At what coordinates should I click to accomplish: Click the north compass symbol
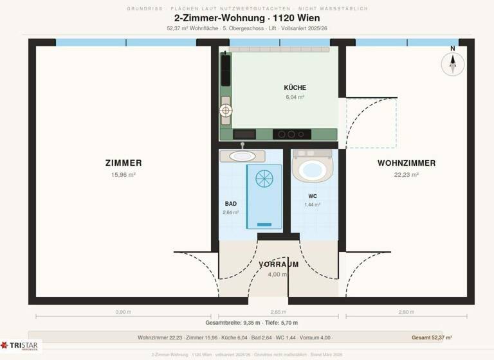point(453,63)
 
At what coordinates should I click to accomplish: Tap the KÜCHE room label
point(295,87)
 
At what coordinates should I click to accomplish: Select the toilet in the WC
point(312,168)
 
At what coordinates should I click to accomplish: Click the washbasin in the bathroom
point(242,156)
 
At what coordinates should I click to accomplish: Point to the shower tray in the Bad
point(264,195)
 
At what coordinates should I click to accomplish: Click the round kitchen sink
point(226,111)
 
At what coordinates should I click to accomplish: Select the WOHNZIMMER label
point(406,163)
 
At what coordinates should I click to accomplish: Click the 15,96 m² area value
point(123,174)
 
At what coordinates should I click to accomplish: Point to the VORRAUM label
point(278,264)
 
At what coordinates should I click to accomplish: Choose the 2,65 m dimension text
point(278,311)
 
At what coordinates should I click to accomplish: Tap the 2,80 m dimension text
point(406,311)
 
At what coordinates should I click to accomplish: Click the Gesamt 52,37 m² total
point(432,337)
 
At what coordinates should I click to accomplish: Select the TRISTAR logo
point(21,345)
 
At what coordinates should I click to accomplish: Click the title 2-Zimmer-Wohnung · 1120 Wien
point(247,18)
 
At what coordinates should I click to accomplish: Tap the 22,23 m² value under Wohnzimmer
point(406,174)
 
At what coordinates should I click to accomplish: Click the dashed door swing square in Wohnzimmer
point(371,122)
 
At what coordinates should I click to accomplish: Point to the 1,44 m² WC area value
point(312,204)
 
